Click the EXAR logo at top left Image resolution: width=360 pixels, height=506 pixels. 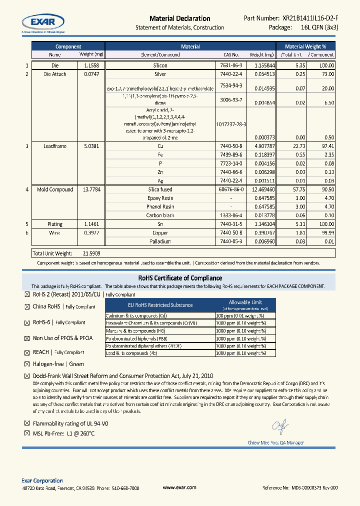click(42, 22)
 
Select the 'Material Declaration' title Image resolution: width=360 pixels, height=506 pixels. click(180, 18)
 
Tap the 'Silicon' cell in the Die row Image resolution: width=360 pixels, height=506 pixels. click(160, 65)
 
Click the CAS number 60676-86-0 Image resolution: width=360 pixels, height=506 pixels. click(231, 189)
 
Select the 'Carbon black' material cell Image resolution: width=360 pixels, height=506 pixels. click(160, 215)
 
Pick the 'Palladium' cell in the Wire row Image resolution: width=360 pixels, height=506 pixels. click(160, 241)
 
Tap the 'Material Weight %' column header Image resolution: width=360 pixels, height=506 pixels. click(308, 46)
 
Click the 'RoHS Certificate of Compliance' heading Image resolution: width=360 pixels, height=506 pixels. click(180, 278)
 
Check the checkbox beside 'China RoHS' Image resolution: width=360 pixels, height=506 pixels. click(27, 307)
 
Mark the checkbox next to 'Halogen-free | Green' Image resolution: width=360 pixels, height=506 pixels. click(27, 364)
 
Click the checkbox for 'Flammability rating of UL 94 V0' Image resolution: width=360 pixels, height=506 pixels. click(27, 423)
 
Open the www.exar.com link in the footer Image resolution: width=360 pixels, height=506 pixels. click(179, 487)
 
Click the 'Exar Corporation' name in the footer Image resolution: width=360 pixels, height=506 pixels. click(42, 480)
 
